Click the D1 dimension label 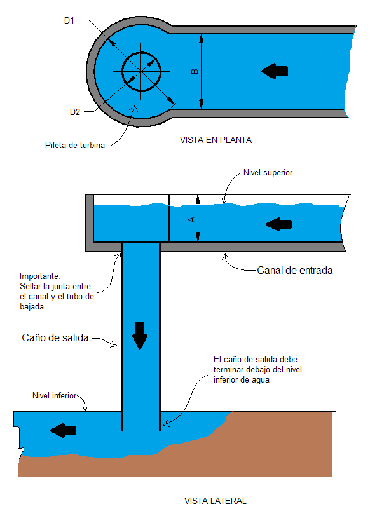point(69,21)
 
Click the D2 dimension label point(75,112)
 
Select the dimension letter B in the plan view point(195,71)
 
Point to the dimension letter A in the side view point(191,219)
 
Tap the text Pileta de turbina point(75,145)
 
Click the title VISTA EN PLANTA point(216,140)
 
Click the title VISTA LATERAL point(216,501)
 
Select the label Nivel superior point(268,173)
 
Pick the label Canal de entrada point(294,271)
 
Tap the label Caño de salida point(55,338)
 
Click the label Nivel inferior point(54,395)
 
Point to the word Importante point(40,276)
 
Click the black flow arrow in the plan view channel point(275,71)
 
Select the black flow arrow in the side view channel point(278,224)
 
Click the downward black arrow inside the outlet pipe point(140,336)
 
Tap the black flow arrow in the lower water point(63,430)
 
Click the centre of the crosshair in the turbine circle point(141,71)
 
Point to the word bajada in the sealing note point(32,307)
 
